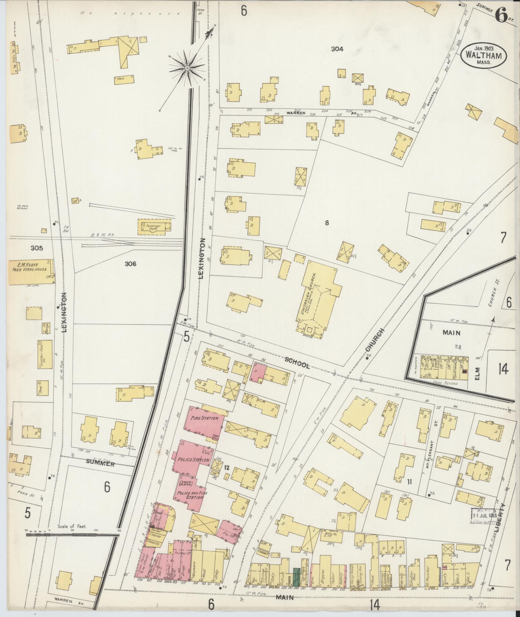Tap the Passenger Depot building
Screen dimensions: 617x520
pos(154,227)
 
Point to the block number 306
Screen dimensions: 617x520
pos(130,264)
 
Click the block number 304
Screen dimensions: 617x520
pos(337,49)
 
